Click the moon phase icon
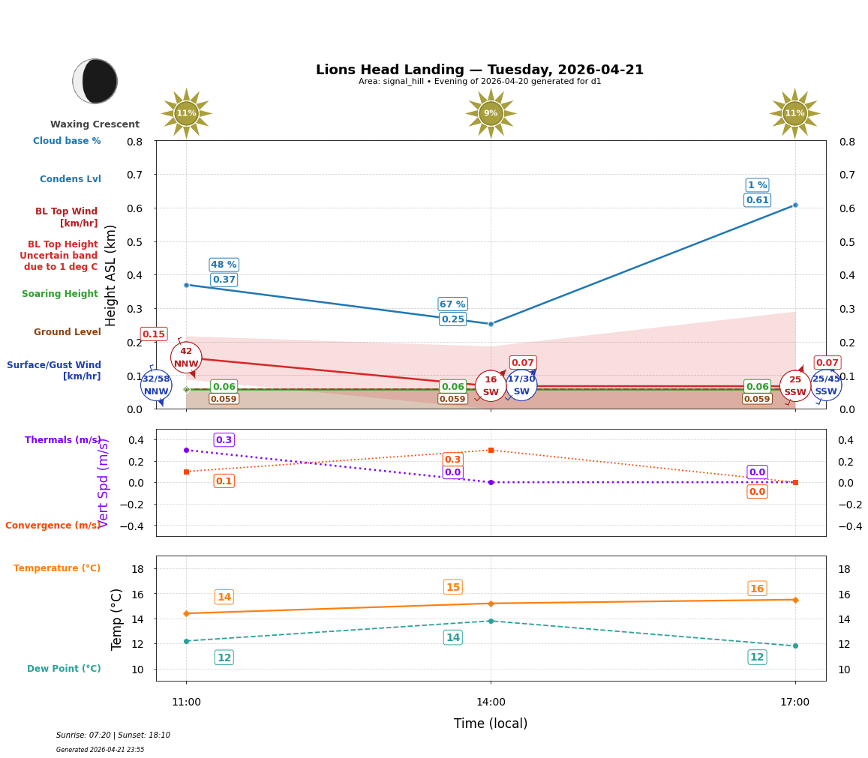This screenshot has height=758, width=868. (x=95, y=81)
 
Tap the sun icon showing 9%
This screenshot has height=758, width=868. (x=491, y=113)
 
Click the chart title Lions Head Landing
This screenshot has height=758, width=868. (x=479, y=70)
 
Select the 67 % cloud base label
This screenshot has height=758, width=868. (x=452, y=304)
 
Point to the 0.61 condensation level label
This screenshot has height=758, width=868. (x=757, y=200)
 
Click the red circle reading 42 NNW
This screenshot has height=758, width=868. (x=186, y=358)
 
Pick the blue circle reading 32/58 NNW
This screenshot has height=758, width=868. (x=156, y=385)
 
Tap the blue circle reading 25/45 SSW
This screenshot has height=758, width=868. (x=826, y=385)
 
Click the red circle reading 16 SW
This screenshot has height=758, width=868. (x=491, y=386)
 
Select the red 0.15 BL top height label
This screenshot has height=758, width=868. (x=154, y=334)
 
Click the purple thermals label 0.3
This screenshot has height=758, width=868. (x=224, y=440)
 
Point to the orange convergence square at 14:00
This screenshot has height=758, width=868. (x=491, y=450)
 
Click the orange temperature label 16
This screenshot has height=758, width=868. (x=757, y=589)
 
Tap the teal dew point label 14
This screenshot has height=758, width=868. (x=453, y=637)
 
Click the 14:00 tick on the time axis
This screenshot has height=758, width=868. (x=491, y=702)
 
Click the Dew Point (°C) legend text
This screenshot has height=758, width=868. (x=64, y=669)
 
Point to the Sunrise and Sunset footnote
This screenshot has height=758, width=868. (x=113, y=736)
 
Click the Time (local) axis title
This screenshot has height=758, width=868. (x=491, y=724)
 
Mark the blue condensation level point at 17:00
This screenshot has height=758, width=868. (x=795, y=205)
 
